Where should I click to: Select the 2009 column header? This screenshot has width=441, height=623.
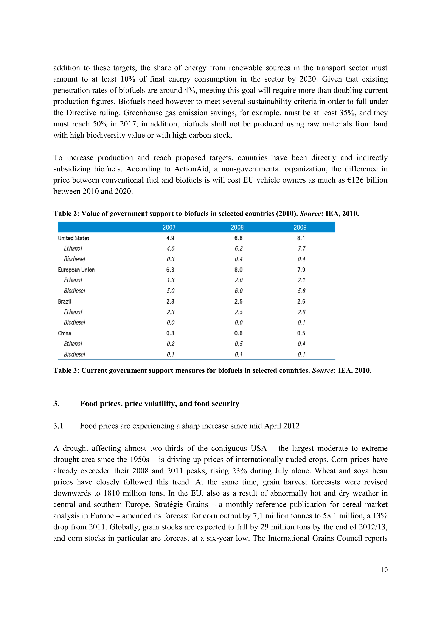pos(300,227)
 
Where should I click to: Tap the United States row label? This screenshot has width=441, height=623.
pos(74,238)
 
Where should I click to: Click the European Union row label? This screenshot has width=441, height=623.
pos(76,270)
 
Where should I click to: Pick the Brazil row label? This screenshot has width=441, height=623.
pos(65,301)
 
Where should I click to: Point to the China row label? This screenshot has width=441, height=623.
pos(64,333)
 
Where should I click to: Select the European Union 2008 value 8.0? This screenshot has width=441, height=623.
pos(238,270)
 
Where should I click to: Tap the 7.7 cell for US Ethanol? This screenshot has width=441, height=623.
pos(301,248)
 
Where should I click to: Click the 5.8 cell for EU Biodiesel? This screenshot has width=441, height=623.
pos(301,291)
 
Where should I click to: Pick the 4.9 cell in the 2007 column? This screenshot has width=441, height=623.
pos(170,238)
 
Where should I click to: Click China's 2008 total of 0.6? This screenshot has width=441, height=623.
pos(238,333)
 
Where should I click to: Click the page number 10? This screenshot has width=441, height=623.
pos(384,570)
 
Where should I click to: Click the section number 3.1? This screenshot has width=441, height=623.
pos(58,426)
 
